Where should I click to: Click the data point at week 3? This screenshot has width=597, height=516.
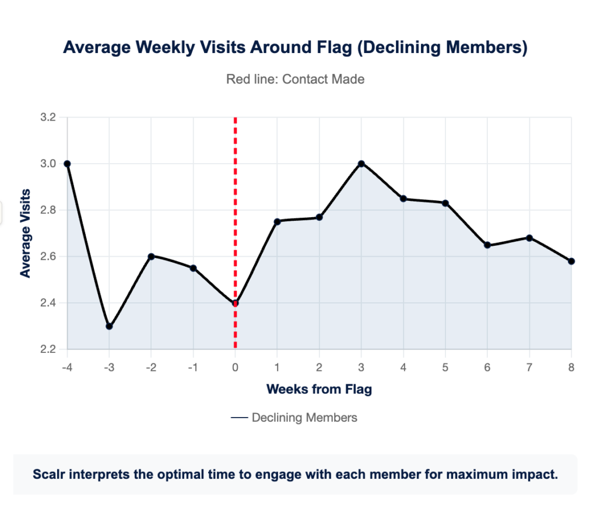(x=361, y=164)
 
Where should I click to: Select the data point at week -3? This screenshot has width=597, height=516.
(x=109, y=326)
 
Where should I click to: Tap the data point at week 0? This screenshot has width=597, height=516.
(x=235, y=303)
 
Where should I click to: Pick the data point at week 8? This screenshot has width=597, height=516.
(x=571, y=261)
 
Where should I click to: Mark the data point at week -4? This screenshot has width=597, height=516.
(x=67, y=164)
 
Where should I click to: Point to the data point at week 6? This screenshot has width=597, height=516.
(x=487, y=245)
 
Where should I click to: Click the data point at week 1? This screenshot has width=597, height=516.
(x=277, y=221)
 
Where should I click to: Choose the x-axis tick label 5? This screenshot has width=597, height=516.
(x=445, y=367)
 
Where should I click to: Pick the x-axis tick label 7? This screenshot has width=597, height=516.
(x=529, y=367)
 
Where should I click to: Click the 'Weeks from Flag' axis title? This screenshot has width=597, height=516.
(x=319, y=389)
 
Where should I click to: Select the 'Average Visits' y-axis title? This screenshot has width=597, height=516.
(x=24, y=233)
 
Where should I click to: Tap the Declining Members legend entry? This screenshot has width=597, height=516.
(x=294, y=418)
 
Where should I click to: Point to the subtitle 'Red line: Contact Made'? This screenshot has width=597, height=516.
(x=295, y=79)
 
